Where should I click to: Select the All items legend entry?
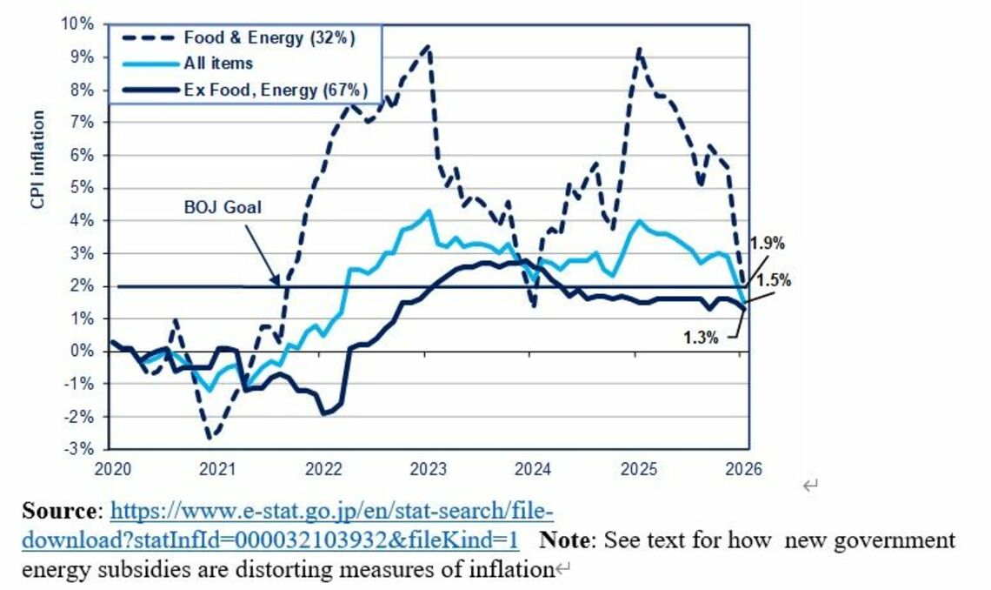coord(220,64)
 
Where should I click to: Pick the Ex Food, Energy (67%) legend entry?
coord(276,90)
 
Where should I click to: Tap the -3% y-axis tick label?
coord(81,449)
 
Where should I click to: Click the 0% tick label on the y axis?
coord(83,351)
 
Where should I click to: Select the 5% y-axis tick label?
coord(83,187)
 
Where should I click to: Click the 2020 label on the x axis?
coord(112,468)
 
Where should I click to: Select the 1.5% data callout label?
coord(774,280)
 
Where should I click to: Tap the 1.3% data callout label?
coord(701,338)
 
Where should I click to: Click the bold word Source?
coord(60,511)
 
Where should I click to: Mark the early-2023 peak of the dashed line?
coord(427,47)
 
